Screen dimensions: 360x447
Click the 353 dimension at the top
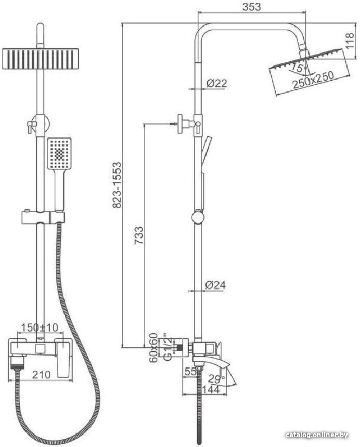tap(251, 6)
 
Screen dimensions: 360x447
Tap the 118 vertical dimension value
tap(350, 40)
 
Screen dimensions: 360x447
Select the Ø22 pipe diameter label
tap(216, 83)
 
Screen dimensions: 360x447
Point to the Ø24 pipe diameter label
tap(215, 285)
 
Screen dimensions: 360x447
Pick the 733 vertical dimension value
tap(139, 235)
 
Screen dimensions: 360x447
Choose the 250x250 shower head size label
tap(313, 80)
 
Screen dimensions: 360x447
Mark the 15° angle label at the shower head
tap(298, 68)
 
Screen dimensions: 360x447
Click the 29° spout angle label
tap(216, 379)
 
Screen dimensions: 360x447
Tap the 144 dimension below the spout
tap(211, 389)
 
